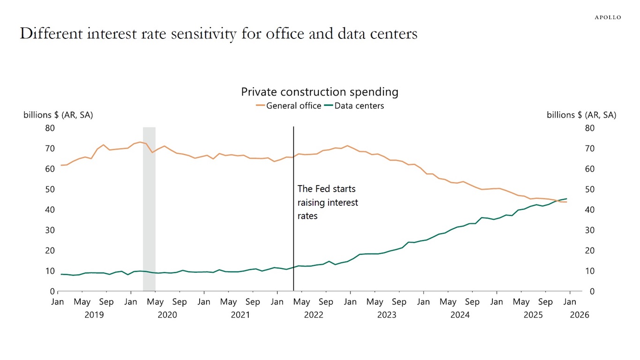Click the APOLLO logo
[x=608, y=17]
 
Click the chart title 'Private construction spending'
[x=320, y=92]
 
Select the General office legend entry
[x=289, y=106]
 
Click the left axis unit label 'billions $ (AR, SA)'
[x=58, y=115]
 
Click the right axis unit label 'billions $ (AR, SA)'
[x=581, y=115]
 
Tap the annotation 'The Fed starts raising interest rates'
[x=327, y=202]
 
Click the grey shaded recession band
[x=149, y=211]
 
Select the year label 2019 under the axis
[x=94, y=315]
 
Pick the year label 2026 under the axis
[x=580, y=315]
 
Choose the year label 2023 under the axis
[x=387, y=315]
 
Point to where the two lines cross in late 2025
[x=557, y=201]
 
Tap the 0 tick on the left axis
[x=52, y=292]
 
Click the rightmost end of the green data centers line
[x=567, y=199]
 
